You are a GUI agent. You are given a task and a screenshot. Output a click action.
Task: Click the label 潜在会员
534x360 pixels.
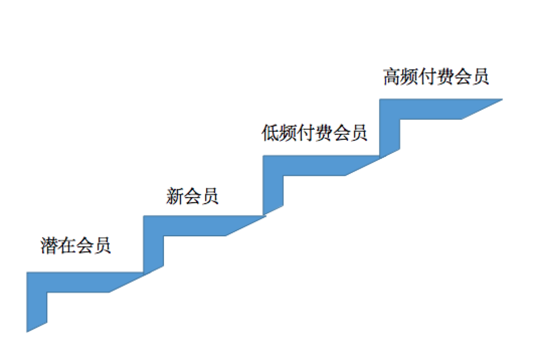click(75, 246)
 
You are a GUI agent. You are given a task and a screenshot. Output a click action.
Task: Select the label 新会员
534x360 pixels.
click(192, 196)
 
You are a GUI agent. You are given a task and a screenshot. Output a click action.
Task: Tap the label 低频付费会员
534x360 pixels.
click(315, 133)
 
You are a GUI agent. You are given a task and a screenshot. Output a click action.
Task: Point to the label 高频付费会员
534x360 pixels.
click(435, 77)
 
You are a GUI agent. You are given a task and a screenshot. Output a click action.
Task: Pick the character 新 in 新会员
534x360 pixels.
click(174, 196)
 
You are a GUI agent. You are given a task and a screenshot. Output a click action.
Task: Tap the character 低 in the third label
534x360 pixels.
click(271, 133)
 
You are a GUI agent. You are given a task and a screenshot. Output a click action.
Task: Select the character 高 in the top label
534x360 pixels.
click(392, 77)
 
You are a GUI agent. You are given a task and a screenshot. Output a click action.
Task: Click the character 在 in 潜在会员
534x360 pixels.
click(67, 246)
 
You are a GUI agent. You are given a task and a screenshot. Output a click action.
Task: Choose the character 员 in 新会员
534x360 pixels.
click(210, 196)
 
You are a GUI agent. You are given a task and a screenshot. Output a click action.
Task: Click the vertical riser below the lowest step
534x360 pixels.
click(37, 307)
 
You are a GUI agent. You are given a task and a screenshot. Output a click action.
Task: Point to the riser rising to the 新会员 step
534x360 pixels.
click(153, 244)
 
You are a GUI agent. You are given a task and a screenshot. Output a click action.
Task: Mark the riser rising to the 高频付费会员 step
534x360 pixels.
click(390, 128)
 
